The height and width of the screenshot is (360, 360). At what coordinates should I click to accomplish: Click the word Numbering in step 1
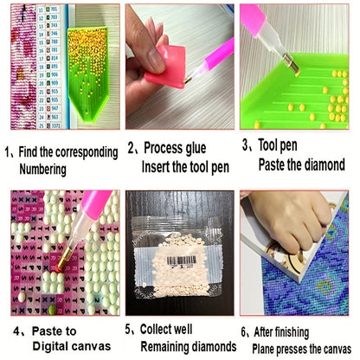[x=42, y=170]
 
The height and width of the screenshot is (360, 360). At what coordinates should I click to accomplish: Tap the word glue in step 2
[x=191, y=149]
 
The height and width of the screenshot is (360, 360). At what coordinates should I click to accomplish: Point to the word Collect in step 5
[x=157, y=329]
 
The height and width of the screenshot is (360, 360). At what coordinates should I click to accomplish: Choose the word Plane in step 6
[x=263, y=350]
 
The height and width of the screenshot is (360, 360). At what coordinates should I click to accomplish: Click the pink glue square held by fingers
[x=166, y=67]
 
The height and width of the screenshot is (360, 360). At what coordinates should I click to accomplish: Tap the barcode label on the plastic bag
[x=182, y=261]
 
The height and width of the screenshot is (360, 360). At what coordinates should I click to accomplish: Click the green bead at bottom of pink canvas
[x=52, y=310]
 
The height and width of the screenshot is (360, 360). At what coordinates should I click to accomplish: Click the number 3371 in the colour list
[x=56, y=125]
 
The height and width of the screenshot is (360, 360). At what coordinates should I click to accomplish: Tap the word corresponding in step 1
[x=87, y=152]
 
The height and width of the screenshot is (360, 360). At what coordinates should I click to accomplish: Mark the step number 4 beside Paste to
[x=16, y=331]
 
